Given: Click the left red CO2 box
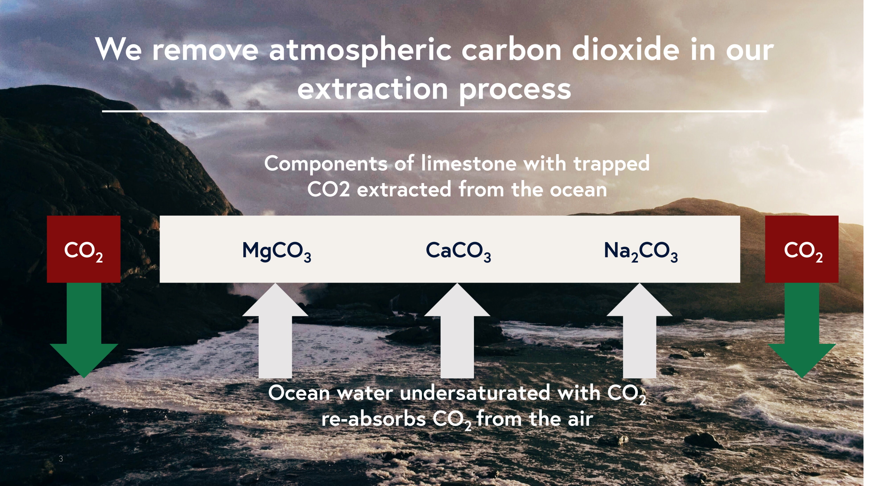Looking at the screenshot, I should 84,249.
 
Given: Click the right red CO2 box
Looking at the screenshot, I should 802,249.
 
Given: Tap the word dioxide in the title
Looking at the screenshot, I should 626,50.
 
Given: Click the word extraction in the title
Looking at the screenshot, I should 373,89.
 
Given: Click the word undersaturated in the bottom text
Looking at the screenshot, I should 475,393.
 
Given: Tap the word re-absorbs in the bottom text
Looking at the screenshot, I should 373,419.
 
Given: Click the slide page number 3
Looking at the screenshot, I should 61,459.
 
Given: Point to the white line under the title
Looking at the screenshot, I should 434,111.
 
